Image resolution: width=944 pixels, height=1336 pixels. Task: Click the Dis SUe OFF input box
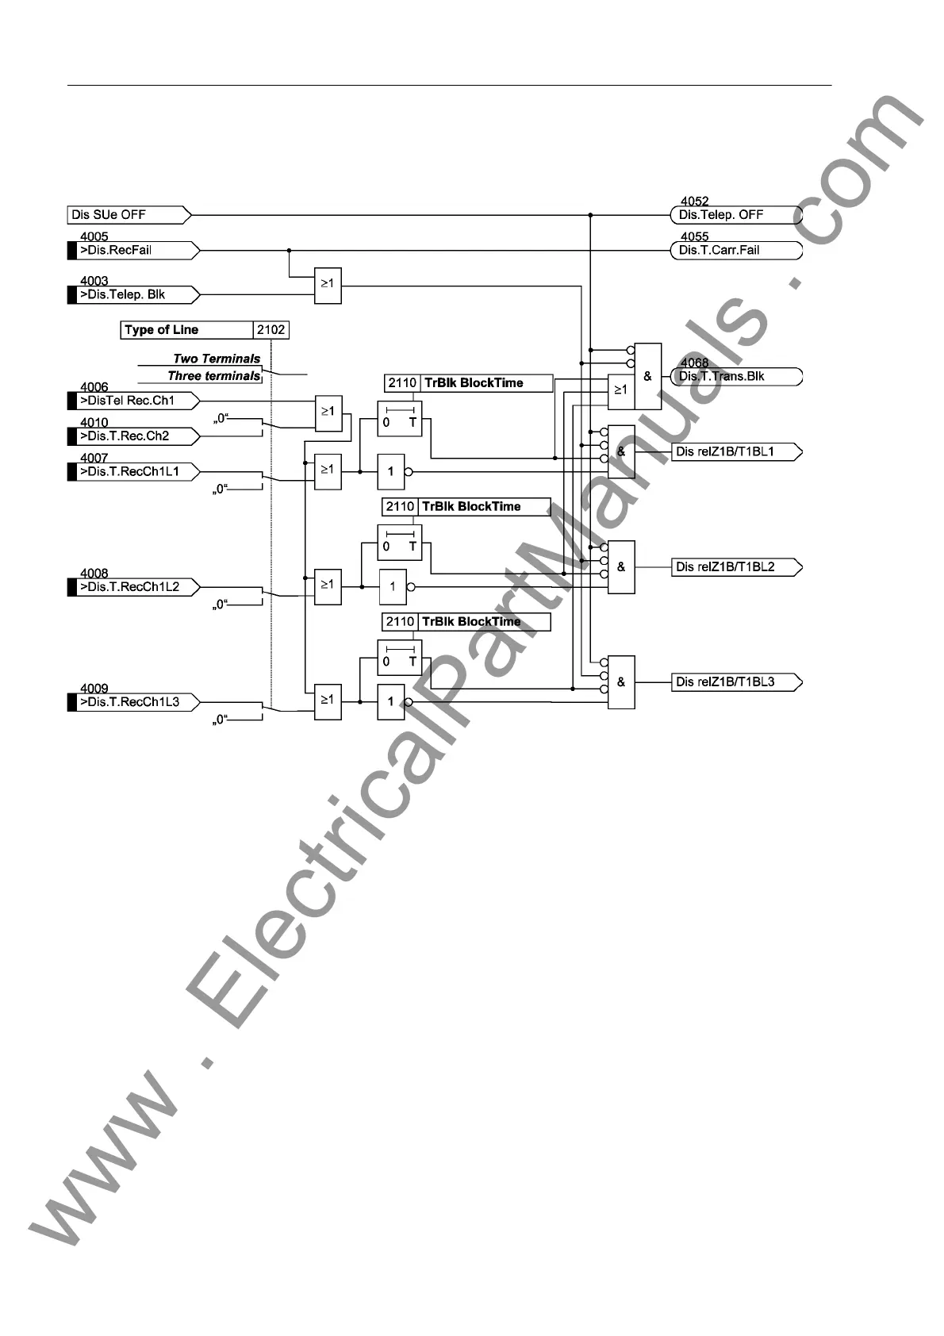127,215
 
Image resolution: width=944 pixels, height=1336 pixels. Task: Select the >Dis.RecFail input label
131,251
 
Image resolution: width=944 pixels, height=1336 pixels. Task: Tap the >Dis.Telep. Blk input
131,295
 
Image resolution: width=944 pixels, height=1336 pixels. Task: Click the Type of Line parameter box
187,330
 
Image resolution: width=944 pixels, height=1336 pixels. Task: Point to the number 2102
271,330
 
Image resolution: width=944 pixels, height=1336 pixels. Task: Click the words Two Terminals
217,359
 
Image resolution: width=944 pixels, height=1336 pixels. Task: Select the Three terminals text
214,376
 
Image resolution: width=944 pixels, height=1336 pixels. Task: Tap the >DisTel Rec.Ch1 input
131,401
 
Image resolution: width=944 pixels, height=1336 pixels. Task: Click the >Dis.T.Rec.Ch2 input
131,436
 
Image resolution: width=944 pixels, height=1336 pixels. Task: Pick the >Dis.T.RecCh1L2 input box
131,587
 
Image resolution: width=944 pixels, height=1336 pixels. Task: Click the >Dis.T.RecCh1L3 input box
131,702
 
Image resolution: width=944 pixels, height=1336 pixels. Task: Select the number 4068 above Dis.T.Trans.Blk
694,363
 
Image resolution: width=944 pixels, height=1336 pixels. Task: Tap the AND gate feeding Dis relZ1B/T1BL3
621,682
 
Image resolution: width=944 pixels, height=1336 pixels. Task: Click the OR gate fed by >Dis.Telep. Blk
328,285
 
